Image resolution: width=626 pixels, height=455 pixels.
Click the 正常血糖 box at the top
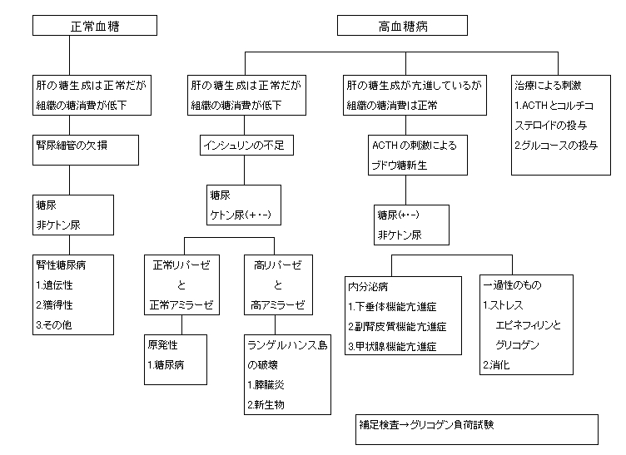click(94, 27)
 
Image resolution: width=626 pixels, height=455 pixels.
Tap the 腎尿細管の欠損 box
click(75, 145)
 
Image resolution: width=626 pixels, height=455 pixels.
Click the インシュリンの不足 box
click(244, 146)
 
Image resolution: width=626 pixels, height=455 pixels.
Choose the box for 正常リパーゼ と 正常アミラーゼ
click(181, 284)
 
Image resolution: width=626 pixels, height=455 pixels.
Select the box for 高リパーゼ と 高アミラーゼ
click(278, 284)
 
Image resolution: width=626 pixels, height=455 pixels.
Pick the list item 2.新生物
click(266, 405)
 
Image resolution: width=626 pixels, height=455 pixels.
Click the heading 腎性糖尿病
click(61, 265)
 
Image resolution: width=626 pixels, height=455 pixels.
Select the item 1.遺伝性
click(55, 284)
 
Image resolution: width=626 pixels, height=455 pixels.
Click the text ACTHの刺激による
click(414, 145)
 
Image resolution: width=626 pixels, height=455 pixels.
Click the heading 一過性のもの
click(511, 284)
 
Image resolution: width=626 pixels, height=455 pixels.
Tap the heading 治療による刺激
click(547, 85)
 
